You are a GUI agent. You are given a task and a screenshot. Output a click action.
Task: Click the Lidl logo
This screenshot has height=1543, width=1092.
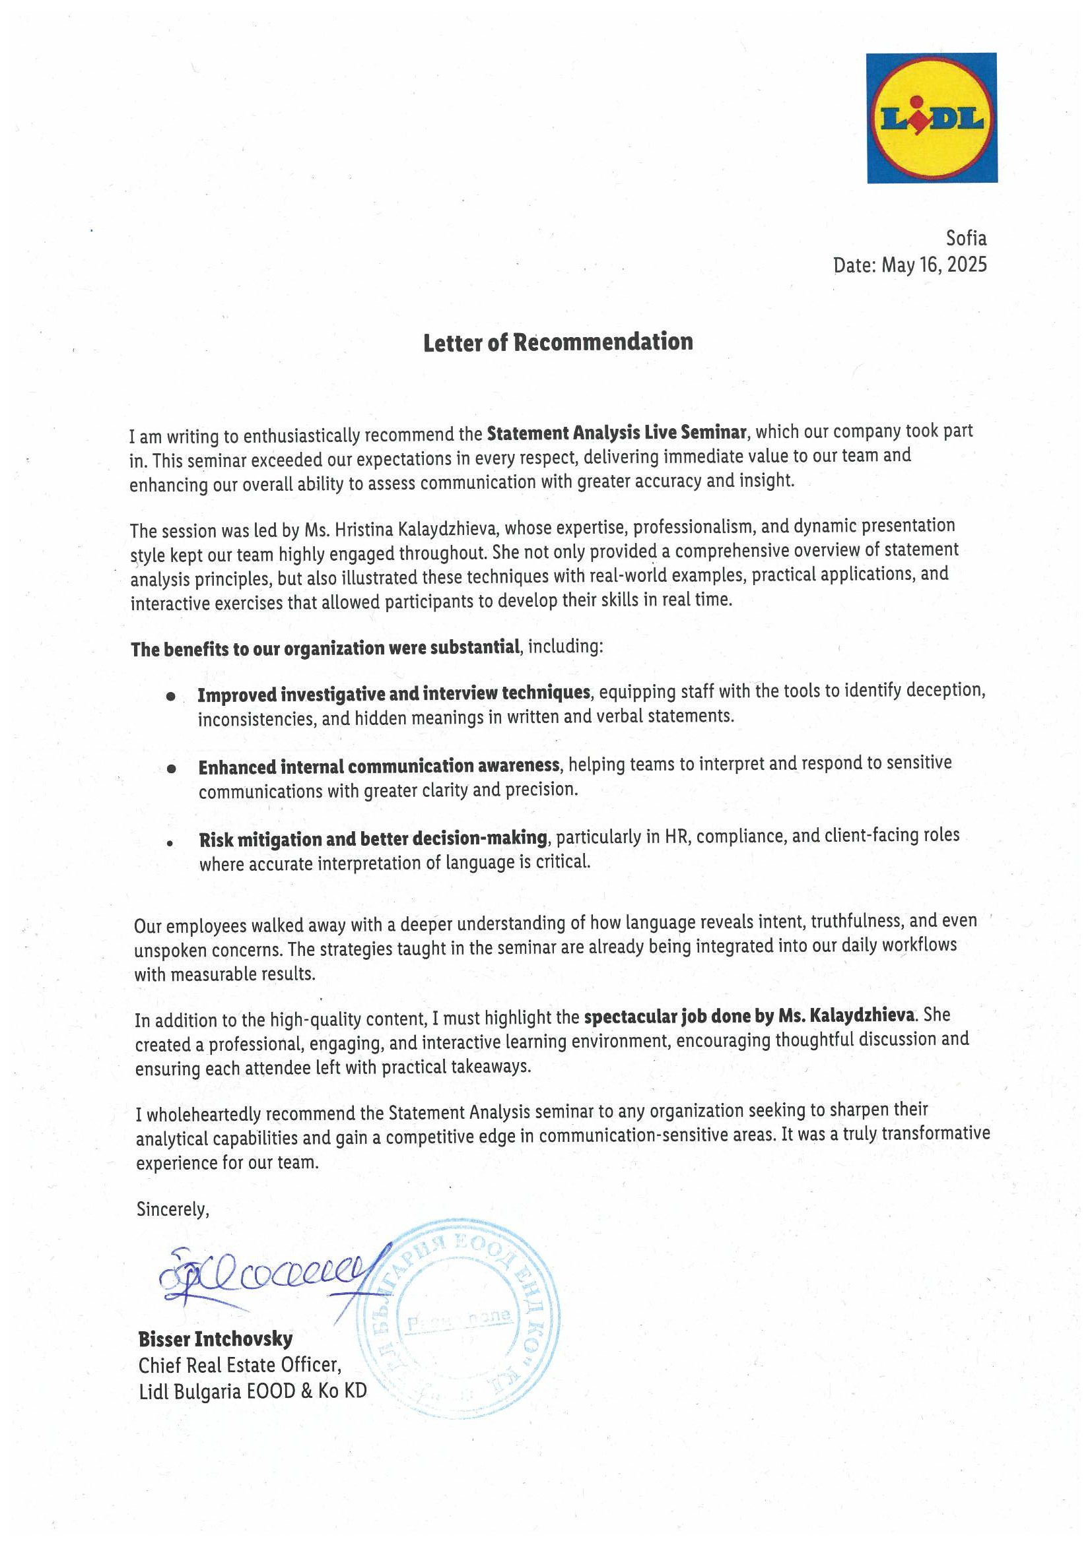(932, 118)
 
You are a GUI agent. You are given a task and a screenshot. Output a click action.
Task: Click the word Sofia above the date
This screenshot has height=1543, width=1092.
(966, 239)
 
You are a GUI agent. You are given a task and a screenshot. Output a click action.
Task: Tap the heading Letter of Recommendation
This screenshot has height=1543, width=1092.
(557, 342)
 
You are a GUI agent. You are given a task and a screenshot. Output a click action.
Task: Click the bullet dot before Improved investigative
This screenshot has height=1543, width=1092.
(172, 697)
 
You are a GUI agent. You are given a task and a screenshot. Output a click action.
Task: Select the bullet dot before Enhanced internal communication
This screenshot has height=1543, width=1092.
(172, 769)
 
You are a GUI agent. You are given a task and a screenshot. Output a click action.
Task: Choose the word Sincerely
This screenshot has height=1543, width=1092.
(173, 1210)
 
